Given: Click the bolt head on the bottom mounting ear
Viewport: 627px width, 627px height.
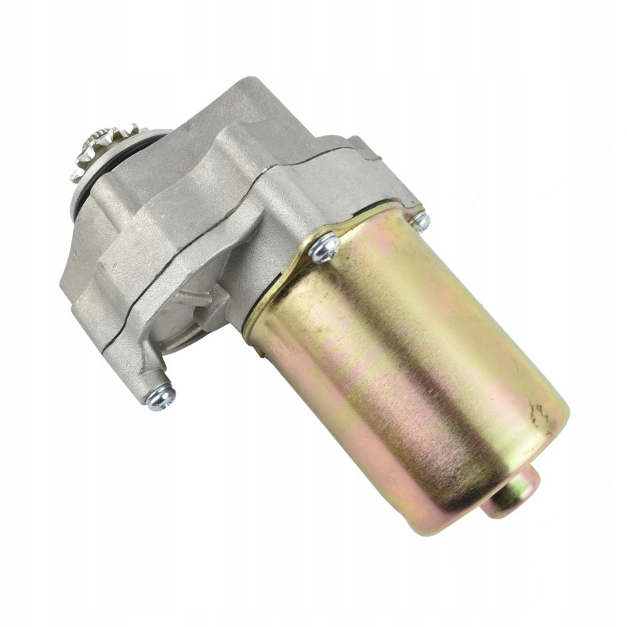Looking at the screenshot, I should click(x=161, y=396).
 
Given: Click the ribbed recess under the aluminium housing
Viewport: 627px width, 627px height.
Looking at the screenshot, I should click(x=192, y=313).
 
